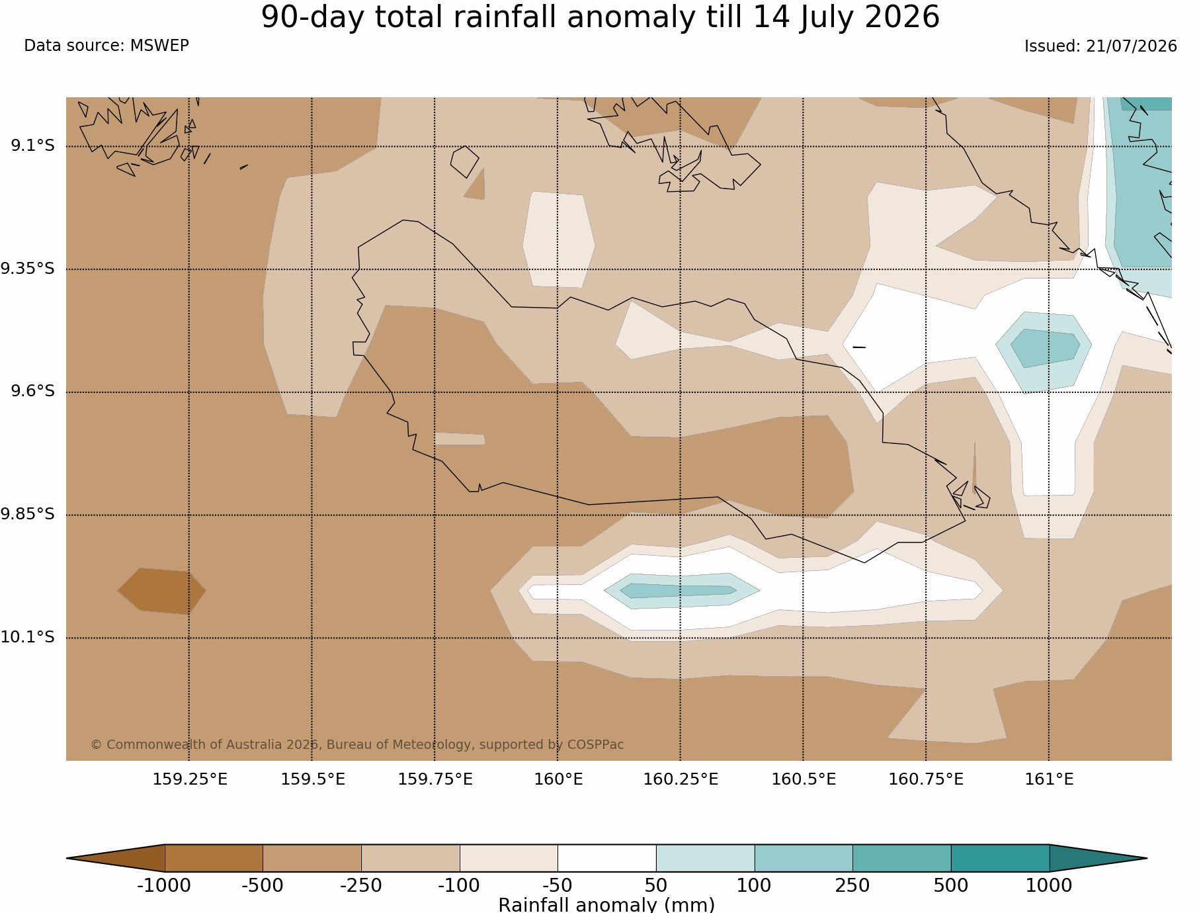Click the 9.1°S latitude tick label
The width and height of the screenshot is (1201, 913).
coord(32,146)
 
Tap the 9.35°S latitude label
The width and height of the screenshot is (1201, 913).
coord(28,269)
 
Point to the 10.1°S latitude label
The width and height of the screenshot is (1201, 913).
coord(28,637)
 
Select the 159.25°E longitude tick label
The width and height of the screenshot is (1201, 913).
coord(190,779)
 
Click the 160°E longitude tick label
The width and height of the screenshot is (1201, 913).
coord(558,779)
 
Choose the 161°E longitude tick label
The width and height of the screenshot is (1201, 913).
coord(1049,779)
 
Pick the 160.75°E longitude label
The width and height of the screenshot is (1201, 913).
coord(926,779)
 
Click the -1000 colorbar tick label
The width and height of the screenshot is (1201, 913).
coord(164,885)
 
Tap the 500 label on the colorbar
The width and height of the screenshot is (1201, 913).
coord(951,885)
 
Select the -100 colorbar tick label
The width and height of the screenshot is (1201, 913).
coord(459,885)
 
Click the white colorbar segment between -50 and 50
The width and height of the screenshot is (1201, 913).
coord(607,858)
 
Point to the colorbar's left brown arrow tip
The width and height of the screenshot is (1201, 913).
coord(67,858)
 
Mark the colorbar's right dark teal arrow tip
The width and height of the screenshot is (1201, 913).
coord(1147,858)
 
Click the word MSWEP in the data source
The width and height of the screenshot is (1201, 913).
coord(159,46)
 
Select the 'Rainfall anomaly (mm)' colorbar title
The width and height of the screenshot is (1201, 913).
coord(606,904)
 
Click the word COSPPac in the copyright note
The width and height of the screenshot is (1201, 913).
coord(595,745)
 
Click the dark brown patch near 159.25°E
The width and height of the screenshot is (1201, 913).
coord(162,591)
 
